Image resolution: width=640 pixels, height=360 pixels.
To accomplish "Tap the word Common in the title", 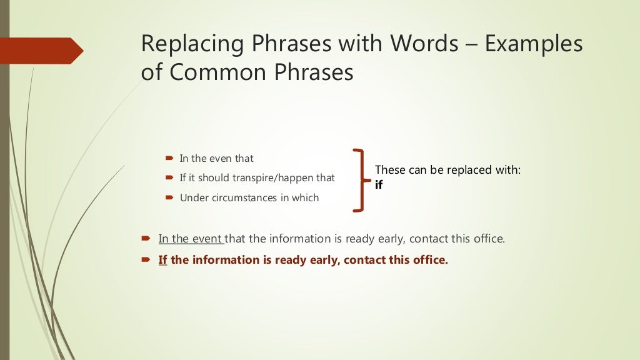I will pyautogui.click(x=205, y=72).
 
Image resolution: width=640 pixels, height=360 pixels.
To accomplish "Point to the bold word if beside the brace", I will pyautogui.click(x=379, y=185).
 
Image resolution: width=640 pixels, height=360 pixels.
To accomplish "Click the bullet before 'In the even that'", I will pyautogui.click(x=169, y=159).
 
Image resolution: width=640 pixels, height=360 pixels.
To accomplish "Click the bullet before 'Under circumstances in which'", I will pyautogui.click(x=169, y=198).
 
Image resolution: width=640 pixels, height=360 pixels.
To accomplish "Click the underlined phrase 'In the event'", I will pyautogui.click(x=191, y=239).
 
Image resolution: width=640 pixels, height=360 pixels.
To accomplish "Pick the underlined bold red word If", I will pyautogui.click(x=162, y=260).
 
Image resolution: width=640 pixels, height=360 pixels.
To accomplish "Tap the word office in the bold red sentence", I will pyautogui.click(x=429, y=260).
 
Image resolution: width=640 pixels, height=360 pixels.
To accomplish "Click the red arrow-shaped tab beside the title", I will pyautogui.click(x=41, y=51).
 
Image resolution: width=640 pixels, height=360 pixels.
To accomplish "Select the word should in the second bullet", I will pyautogui.click(x=214, y=178).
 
